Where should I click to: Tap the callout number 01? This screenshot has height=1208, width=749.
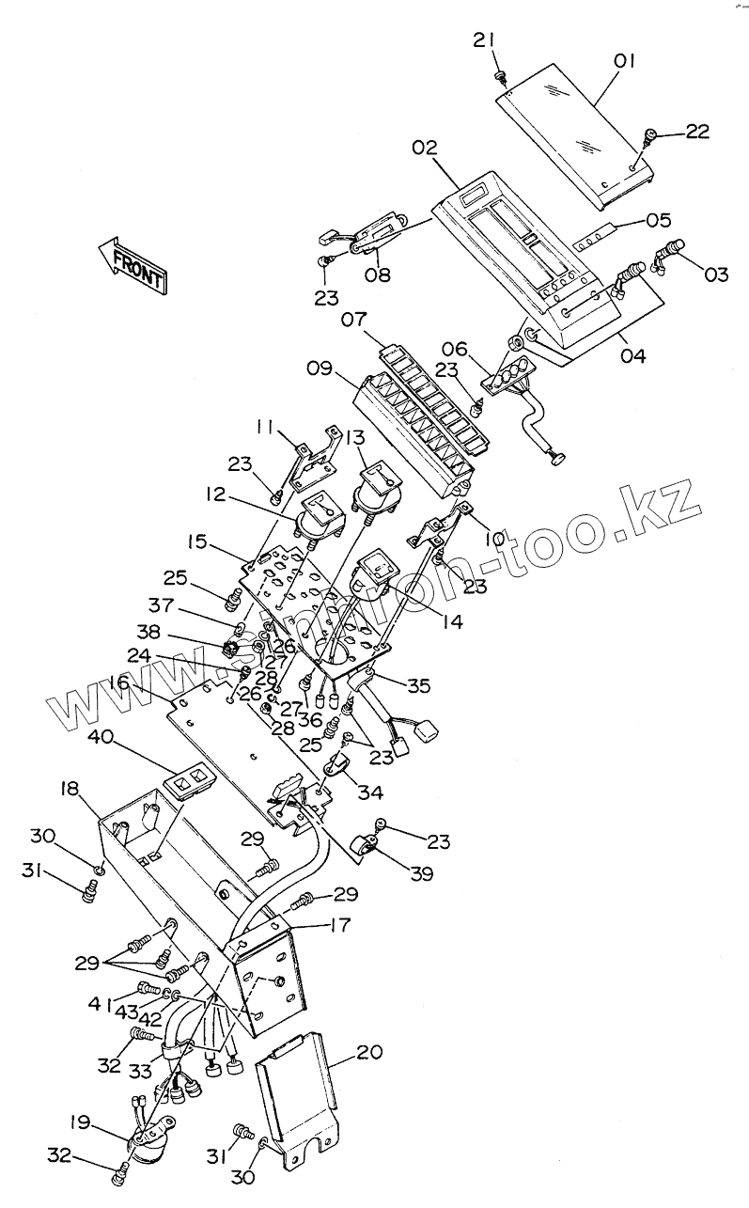625,62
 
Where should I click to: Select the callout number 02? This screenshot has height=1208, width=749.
424,148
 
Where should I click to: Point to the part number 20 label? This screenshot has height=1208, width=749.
369,1052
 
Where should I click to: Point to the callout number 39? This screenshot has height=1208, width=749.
420,873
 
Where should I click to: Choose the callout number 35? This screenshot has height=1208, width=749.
417,686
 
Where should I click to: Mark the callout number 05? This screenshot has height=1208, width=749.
659,221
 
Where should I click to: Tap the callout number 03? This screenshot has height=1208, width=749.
716,275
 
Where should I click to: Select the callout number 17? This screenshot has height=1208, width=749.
339,925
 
